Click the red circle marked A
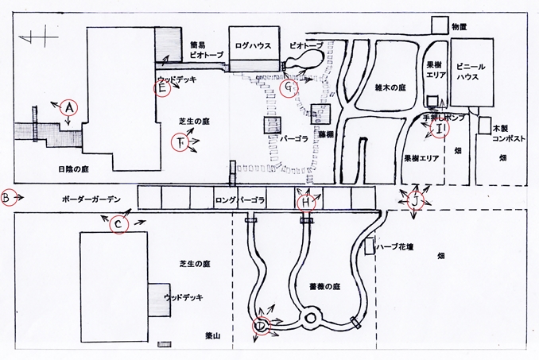(69, 106)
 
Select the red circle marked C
(118, 225)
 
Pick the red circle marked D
(260, 324)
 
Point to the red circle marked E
(163, 88)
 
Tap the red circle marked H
(306, 203)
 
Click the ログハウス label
(253, 46)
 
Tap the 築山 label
(214, 336)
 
